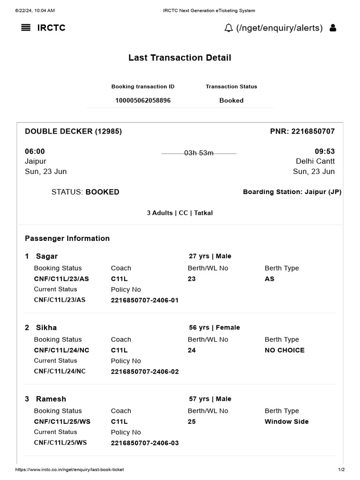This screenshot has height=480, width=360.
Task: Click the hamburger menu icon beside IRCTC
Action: coord(26,28)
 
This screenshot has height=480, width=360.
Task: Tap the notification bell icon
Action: coord(229,28)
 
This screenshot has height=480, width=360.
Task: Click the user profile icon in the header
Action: coord(333,28)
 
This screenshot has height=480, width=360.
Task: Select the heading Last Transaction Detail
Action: coord(180,58)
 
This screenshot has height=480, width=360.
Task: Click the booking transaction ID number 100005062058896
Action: coord(143,100)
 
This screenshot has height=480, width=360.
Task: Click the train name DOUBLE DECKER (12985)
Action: coord(73,131)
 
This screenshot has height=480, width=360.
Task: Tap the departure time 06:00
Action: coord(35,151)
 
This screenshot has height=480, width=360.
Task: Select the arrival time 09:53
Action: coord(324,151)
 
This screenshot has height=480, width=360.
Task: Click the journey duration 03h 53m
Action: coord(199,153)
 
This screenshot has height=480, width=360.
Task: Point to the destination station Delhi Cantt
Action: coord(315,161)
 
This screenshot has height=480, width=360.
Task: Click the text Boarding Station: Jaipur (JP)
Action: coord(292,192)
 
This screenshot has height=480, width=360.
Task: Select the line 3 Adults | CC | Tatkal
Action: coord(180,213)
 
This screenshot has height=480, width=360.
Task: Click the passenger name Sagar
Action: coord(47,256)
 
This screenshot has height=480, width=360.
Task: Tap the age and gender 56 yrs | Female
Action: coord(214,328)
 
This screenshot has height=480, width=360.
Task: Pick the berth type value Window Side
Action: coord(286,421)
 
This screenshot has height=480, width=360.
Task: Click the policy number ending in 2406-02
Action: coord(145,372)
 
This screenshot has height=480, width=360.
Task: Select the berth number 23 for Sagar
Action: coord(192,279)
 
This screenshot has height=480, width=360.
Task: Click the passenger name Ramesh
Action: coord(51,399)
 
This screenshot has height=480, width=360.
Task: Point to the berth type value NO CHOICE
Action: coord(285,350)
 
